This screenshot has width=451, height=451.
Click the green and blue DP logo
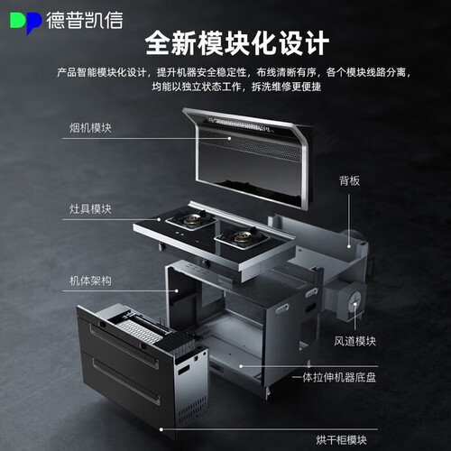tap(25, 23)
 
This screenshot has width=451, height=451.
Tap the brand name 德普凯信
tap(85, 21)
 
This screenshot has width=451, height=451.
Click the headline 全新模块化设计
tap(237, 43)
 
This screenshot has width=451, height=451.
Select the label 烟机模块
tap(90, 128)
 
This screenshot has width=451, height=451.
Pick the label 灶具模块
tap(90, 209)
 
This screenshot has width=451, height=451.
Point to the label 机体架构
tap(90, 281)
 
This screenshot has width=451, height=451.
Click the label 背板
tap(349, 180)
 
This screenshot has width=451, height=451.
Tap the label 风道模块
tap(355, 341)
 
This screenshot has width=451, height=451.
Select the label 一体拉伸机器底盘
tap(334, 377)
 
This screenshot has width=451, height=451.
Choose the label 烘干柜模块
tap(342, 440)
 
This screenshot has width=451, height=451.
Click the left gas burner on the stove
tap(191, 219)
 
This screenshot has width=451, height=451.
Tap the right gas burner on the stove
tap(242, 237)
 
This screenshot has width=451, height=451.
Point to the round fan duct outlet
tap(354, 300)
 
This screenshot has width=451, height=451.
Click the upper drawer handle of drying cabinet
tap(124, 346)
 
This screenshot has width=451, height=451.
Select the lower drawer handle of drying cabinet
tap(125, 381)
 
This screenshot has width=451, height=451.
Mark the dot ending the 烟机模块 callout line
tap(229, 138)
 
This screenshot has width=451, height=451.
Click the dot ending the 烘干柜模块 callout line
tap(161, 429)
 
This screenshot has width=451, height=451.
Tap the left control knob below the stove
tap(162, 246)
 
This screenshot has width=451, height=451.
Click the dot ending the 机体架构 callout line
tap(177, 290)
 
